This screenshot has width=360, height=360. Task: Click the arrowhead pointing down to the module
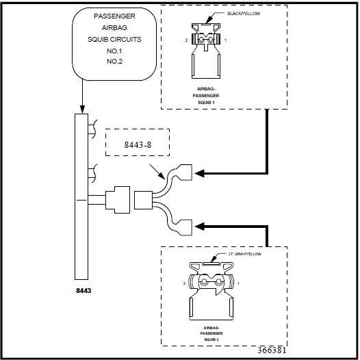point(82,108)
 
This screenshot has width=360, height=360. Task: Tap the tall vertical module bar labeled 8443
point(82,198)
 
